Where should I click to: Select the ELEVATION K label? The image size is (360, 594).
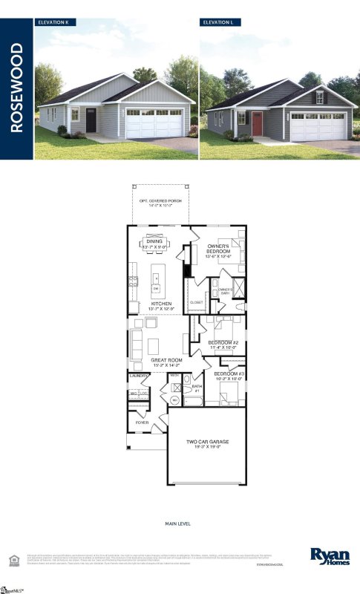53,23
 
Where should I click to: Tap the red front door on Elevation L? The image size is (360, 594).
257,123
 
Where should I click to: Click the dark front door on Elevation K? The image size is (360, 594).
91,120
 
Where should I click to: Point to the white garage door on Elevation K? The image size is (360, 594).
154,123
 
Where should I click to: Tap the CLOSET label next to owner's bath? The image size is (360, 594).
197,303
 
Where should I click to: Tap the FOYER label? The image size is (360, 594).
141,422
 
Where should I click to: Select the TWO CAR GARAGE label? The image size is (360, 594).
206,443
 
